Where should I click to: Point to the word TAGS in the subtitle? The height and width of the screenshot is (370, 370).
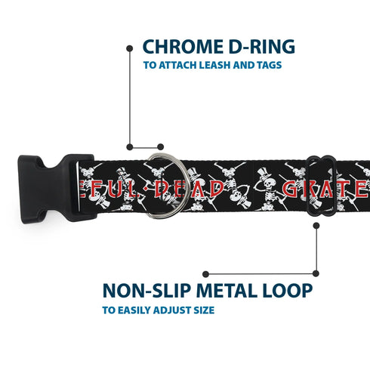pyautogui.click(x=267, y=65)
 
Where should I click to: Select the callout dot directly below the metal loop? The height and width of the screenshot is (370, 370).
pyautogui.click(x=316, y=274)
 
